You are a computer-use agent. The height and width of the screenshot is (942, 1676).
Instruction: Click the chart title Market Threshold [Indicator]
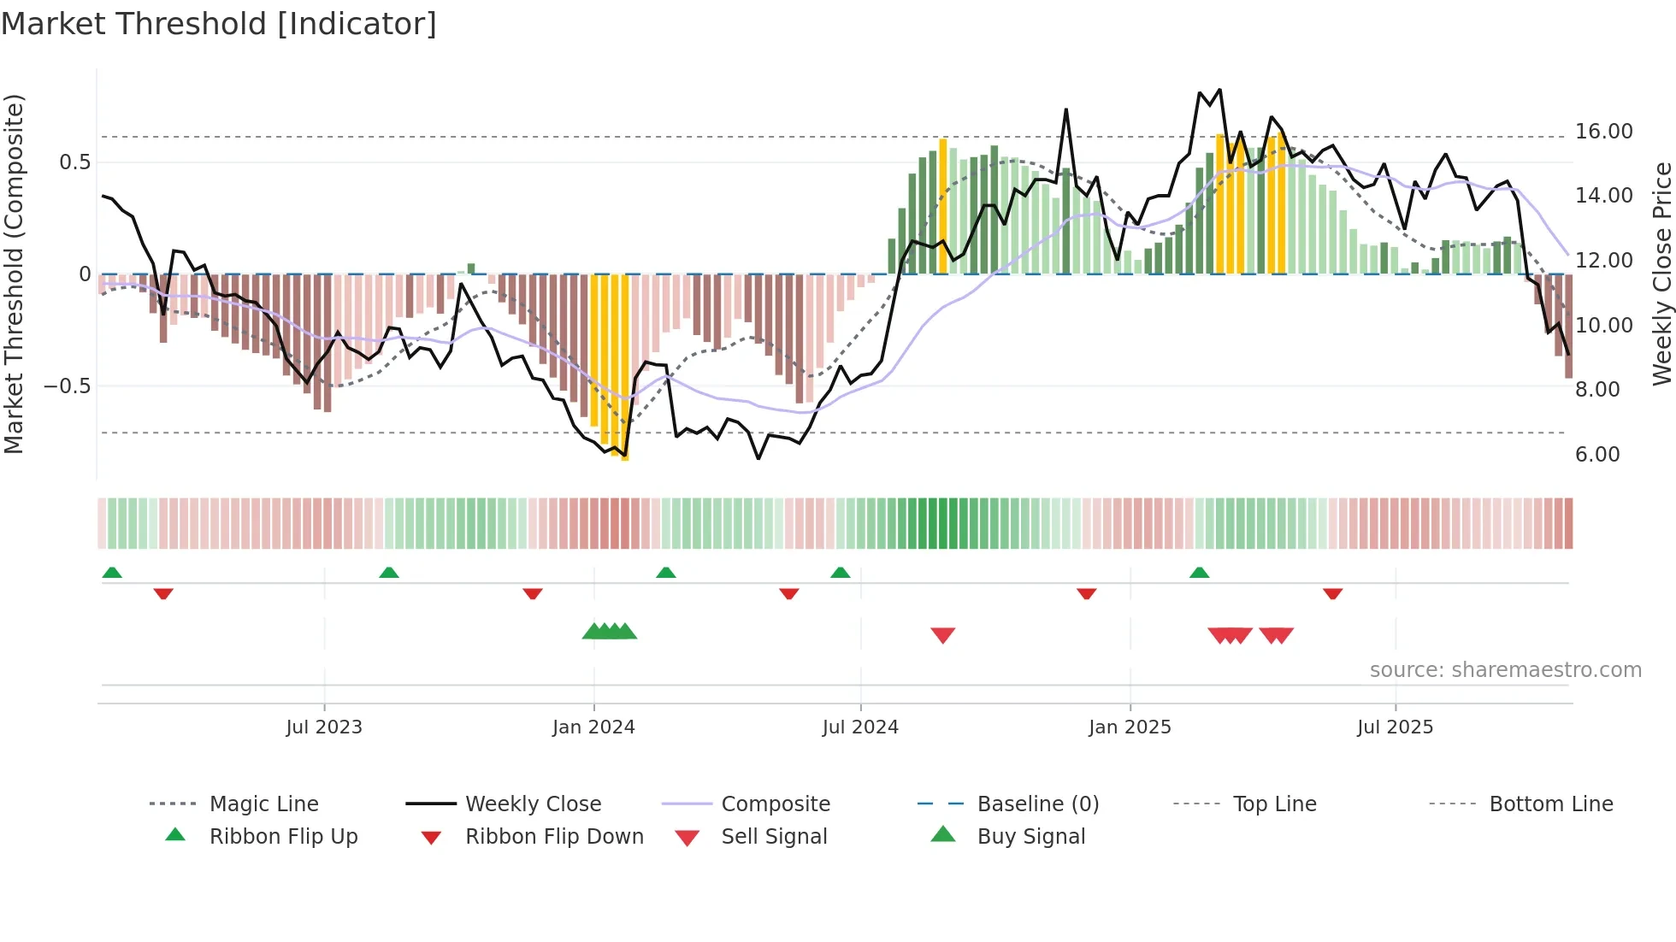pyautogui.click(x=219, y=24)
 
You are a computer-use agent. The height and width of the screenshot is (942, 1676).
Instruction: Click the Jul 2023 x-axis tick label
pyautogui.click(x=324, y=727)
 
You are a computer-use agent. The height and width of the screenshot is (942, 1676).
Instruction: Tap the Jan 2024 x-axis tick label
pyautogui.click(x=593, y=727)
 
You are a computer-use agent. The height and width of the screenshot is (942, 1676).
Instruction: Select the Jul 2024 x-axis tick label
pyautogui.click(x=860, y=727)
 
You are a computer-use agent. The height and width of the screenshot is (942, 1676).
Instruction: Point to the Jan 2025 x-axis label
pyautogui.click(x=1130, y=727)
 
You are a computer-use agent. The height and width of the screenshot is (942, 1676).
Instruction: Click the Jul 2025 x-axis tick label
pyautogui.click(x=1395, y=727)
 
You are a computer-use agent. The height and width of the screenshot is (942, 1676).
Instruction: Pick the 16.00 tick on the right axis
pyautogui.click(x=1603, y=132)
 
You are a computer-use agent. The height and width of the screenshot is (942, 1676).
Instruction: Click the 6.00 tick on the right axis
pyautogui.click(x=1597, y=455)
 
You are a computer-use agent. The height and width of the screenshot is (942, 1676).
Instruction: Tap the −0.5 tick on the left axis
pyautogui.click(x=68, y=386)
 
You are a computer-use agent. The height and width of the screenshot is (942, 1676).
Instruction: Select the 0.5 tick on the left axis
pyautogui.click(x=75, y=162)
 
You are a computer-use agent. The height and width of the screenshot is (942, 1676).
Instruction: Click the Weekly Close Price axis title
pyautogui.click(x=1661, y=274)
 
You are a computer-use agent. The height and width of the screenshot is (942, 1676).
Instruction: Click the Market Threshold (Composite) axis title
pyautogui.click(x=14, y=274)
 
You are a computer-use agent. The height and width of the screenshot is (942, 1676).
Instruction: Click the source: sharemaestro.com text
pyautogui.click(x=1505, y=670)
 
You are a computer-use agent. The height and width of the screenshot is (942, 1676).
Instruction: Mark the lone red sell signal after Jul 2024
pyautogui.click(x=942, y=635)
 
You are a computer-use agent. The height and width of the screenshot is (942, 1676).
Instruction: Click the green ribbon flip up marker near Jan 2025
pyautogui.click(x=1199, y=573)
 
